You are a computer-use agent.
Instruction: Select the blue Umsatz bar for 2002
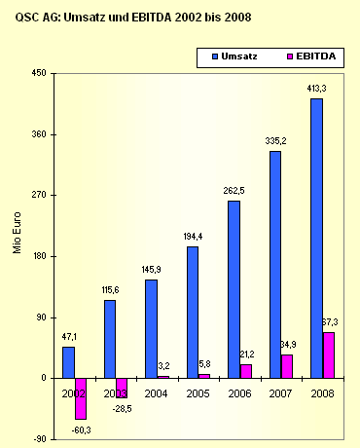click(x=68, y=361)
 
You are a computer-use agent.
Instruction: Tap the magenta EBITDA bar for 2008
click(x=329, y=355)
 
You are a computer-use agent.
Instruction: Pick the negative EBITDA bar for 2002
click(x=81, y=398)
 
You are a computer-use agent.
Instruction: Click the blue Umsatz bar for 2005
click(x=193, y=312)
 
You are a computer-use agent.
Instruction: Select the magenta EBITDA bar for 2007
click(x=287, y=365)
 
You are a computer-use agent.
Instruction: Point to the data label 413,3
click(x=315, y=89)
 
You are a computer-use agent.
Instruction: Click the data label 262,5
click(x=233, y=191)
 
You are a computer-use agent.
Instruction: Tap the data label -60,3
click(x=83, y=429)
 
